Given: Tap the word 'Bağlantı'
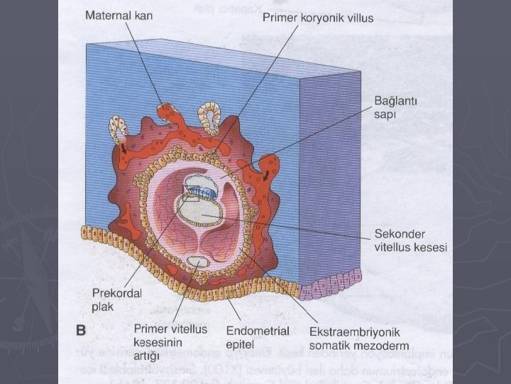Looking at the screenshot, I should pos(397,102).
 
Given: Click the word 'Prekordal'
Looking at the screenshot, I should pos(116,293).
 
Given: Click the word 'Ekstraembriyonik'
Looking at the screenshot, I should pos(355,332).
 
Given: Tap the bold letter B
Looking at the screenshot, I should pos(81,330).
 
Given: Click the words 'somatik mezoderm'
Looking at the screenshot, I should pos(356,346).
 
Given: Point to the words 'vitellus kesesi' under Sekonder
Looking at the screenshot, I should pos(411,248).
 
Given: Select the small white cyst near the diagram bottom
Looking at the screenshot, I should pos(201,263).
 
